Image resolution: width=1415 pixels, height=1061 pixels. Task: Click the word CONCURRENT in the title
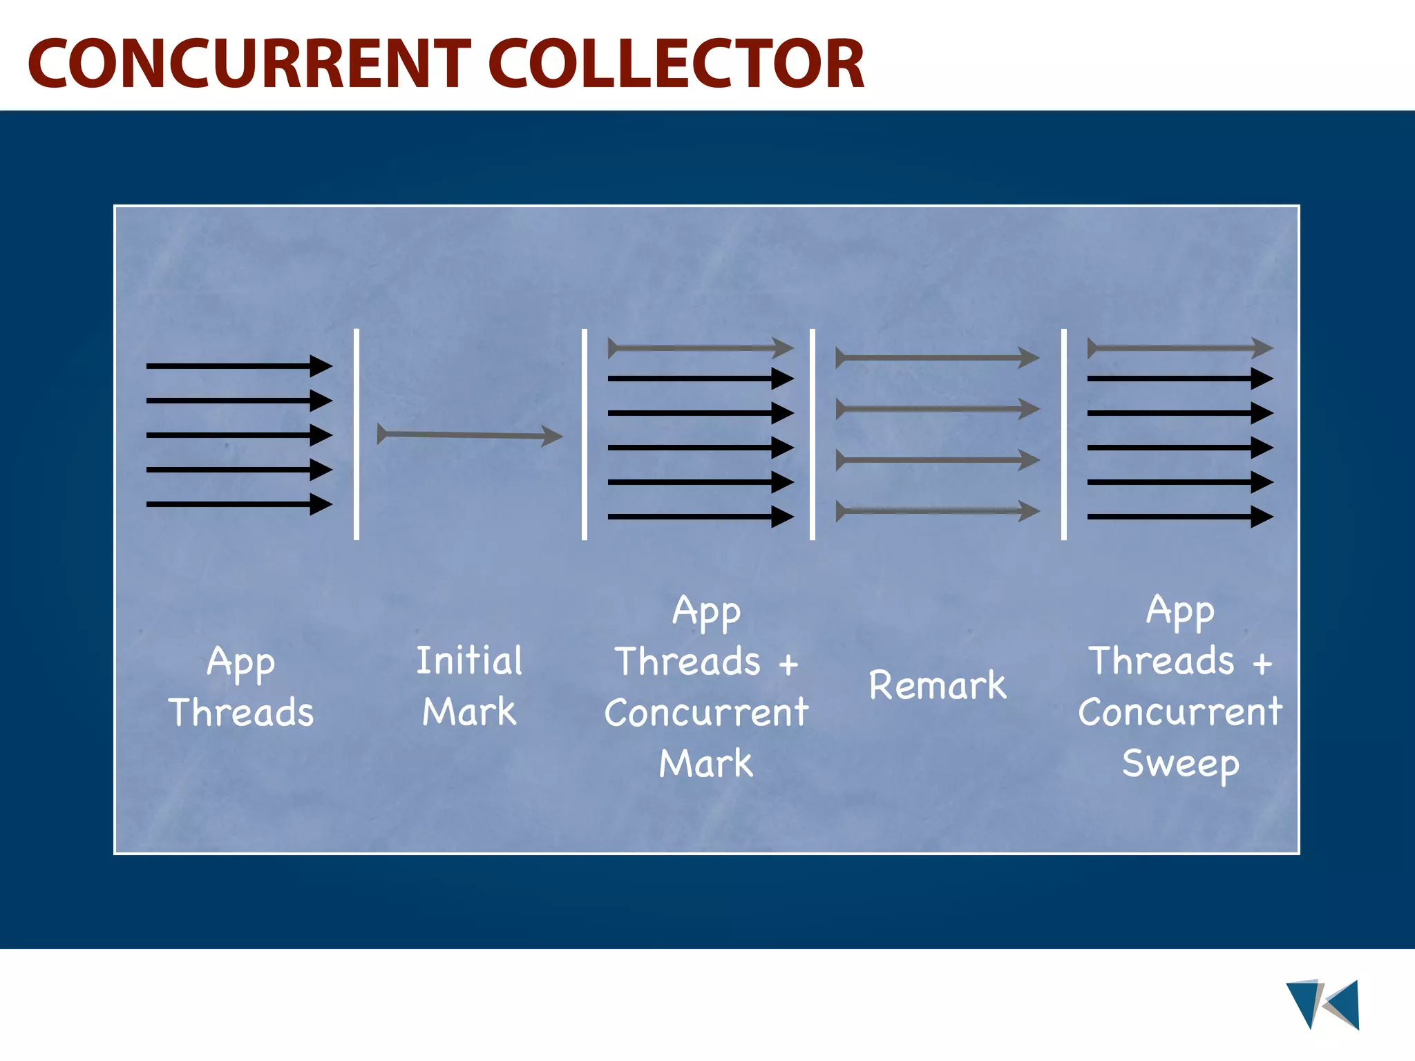point(249,64)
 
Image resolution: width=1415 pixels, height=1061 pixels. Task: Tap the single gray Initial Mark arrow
point(470,435)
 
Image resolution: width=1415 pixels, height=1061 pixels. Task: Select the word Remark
point(938,685)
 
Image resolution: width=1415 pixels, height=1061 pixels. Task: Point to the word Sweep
point(1180,764)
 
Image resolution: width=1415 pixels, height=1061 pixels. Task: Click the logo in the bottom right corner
point(1322,1004)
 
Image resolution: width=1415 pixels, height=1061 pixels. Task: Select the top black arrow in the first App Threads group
point(239,365)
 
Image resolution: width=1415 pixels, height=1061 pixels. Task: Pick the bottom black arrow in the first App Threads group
point(239,504)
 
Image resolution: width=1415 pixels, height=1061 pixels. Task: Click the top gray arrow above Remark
point(938,358)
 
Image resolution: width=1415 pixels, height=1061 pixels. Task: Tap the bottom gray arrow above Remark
point(938,511)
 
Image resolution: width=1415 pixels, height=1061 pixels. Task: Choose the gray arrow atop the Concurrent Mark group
point(701,348)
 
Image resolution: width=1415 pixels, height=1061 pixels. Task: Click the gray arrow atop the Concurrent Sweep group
point(1180,348)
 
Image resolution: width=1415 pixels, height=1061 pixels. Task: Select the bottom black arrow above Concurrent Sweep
point(1180,517)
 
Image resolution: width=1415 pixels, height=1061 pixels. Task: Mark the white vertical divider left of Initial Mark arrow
point(357,434)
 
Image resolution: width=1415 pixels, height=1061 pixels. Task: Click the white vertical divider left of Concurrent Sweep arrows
point(1064,434)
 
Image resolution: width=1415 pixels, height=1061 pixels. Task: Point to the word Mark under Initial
point(469,711)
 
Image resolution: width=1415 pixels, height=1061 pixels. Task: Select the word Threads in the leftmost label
point(241,712)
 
